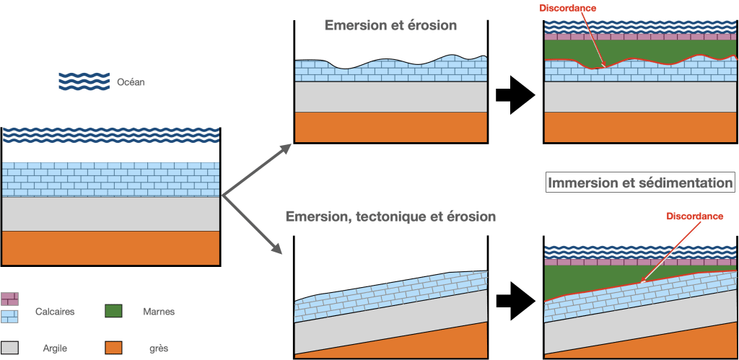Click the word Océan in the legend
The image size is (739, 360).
(131, 82)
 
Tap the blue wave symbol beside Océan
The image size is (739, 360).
(84, 81)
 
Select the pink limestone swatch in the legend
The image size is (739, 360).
(9, 299)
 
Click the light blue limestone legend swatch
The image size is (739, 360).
(9, 317)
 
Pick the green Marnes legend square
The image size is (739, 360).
(113, 311)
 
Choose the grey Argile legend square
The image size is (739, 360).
(9, 348)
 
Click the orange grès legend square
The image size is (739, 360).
(113, 348)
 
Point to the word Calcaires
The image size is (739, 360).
(55, 312)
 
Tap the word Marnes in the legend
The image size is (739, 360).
(158, 312)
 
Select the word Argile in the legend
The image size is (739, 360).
(54, 348)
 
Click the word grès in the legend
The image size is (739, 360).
(158, 349)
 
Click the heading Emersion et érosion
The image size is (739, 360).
(390, 25)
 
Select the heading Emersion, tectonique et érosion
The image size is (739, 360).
(390, 216)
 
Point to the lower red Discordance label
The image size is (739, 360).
(695, 216)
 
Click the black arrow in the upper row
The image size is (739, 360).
(515, 95)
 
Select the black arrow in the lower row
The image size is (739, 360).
(515, 302)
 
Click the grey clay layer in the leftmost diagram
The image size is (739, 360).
(110, 214)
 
